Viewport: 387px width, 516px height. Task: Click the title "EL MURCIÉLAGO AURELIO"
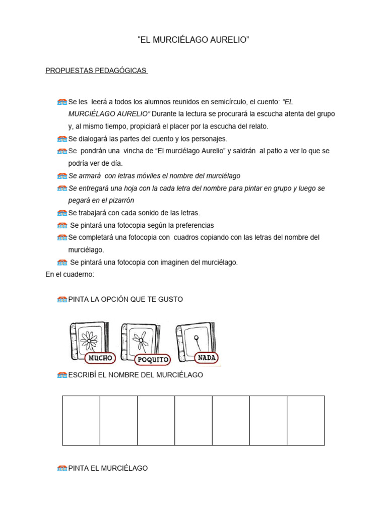pos(193,40)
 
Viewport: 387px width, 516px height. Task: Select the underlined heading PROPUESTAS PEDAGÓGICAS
pos(96,71)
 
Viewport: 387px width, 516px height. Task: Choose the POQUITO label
pos(153,360)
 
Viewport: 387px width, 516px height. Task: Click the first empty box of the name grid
pos(81,420)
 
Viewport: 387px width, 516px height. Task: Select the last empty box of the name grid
pos(305,420)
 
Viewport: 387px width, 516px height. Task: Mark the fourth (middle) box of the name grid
pos(193,420)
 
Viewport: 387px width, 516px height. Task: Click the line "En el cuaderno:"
pos(70,275)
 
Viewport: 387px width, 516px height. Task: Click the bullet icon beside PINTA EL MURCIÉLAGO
pos(62,469)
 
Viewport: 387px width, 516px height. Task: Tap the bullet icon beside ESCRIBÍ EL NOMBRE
pos(62,375)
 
